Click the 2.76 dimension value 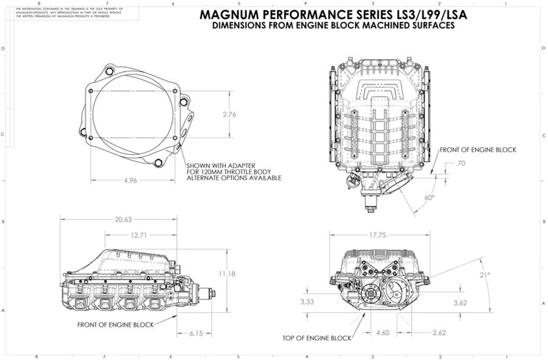click(x=230, y=115)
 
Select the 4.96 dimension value click(x=134, y=180)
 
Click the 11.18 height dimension click(x=227, y=274)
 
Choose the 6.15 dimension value click(x=197, y=333)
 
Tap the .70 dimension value click(x=460, y=163)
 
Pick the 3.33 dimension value click(x=307, y=302)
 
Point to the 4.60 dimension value click(x=382, y=333)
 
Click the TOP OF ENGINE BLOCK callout click(x=317, y=337)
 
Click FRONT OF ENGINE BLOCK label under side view click(x=115, y=325)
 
